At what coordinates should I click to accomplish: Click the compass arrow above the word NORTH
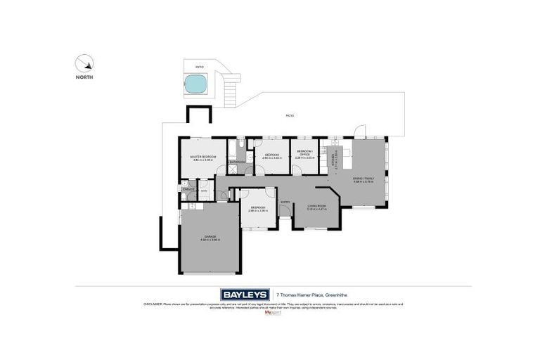(84, 64)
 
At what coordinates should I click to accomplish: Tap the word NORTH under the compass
(84, 77)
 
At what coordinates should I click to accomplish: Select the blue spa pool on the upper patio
(195, 85)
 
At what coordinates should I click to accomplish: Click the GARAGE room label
(210, 236)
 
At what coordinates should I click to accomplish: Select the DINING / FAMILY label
(364, 179)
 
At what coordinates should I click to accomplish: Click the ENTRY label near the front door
(285, 202)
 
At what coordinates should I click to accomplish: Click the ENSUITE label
(188, 190)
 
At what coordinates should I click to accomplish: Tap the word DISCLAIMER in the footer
(154, 304)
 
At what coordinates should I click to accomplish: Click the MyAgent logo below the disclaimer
(271, 313)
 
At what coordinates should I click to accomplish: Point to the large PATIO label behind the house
(289, 115)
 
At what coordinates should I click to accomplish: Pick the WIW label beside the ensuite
(203, 190)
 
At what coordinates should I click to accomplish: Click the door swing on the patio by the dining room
(360, 131)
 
